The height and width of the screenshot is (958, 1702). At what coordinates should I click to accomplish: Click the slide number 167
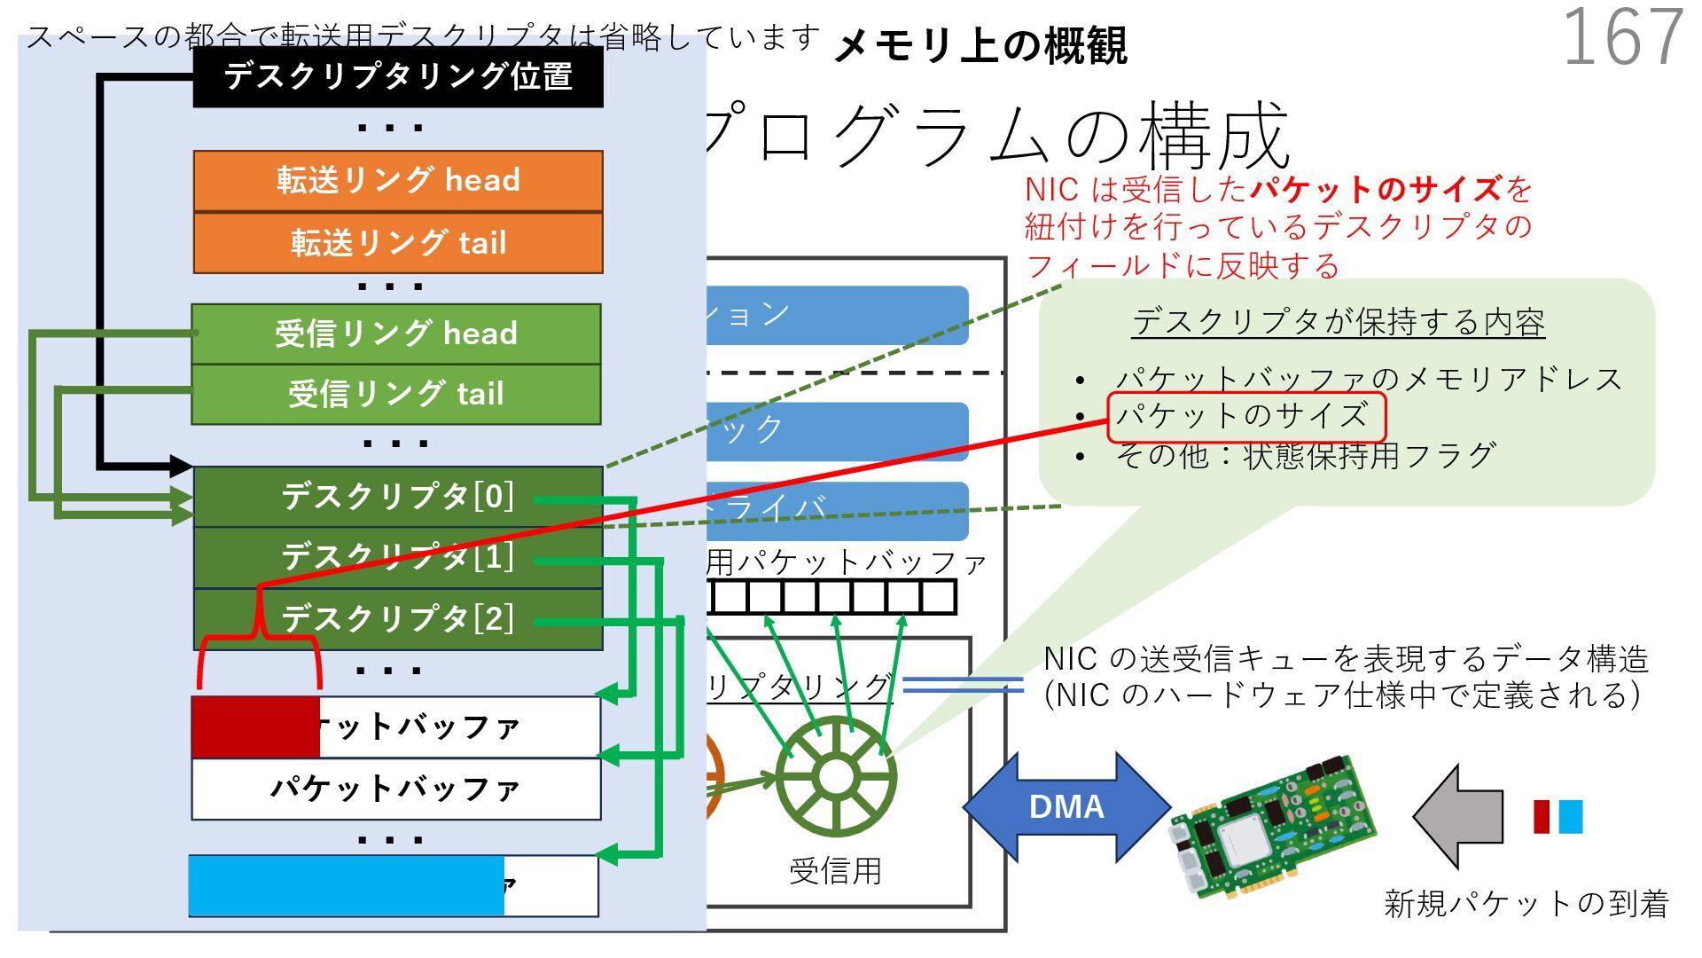click(x=1622, y=37)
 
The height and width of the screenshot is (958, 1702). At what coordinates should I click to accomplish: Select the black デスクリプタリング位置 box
click(x=398, y=77)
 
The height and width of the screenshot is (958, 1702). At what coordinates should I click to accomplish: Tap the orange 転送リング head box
click(x=398, y=181)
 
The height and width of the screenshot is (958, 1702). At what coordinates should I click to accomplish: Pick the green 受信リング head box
click(x=396, y=334)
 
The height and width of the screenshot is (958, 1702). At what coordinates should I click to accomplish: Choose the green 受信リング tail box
click(x=396, y=395)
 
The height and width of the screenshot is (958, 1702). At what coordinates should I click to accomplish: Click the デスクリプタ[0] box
click(x=398, y=497)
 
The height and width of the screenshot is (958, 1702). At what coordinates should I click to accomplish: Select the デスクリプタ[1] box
click(x=398, y=558)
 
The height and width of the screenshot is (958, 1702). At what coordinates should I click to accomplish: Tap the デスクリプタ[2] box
click(x=398, y=619)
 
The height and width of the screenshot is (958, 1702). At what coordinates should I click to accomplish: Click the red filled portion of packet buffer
click(x=255, y=727)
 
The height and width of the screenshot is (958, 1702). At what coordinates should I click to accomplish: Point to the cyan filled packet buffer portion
click(x=346, y=885)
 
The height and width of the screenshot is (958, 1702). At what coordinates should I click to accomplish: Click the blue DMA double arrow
click(x=1066, y=807)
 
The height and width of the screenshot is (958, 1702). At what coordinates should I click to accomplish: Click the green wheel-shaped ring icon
click(x=835, y=777)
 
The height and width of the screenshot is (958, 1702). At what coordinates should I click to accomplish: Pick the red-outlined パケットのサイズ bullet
click(x=1245, y=417)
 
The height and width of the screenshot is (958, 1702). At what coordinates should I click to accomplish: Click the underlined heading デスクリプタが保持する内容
click(x=1338, y=323)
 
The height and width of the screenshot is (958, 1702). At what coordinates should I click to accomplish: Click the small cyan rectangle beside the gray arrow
click(x=1570, y=817)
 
